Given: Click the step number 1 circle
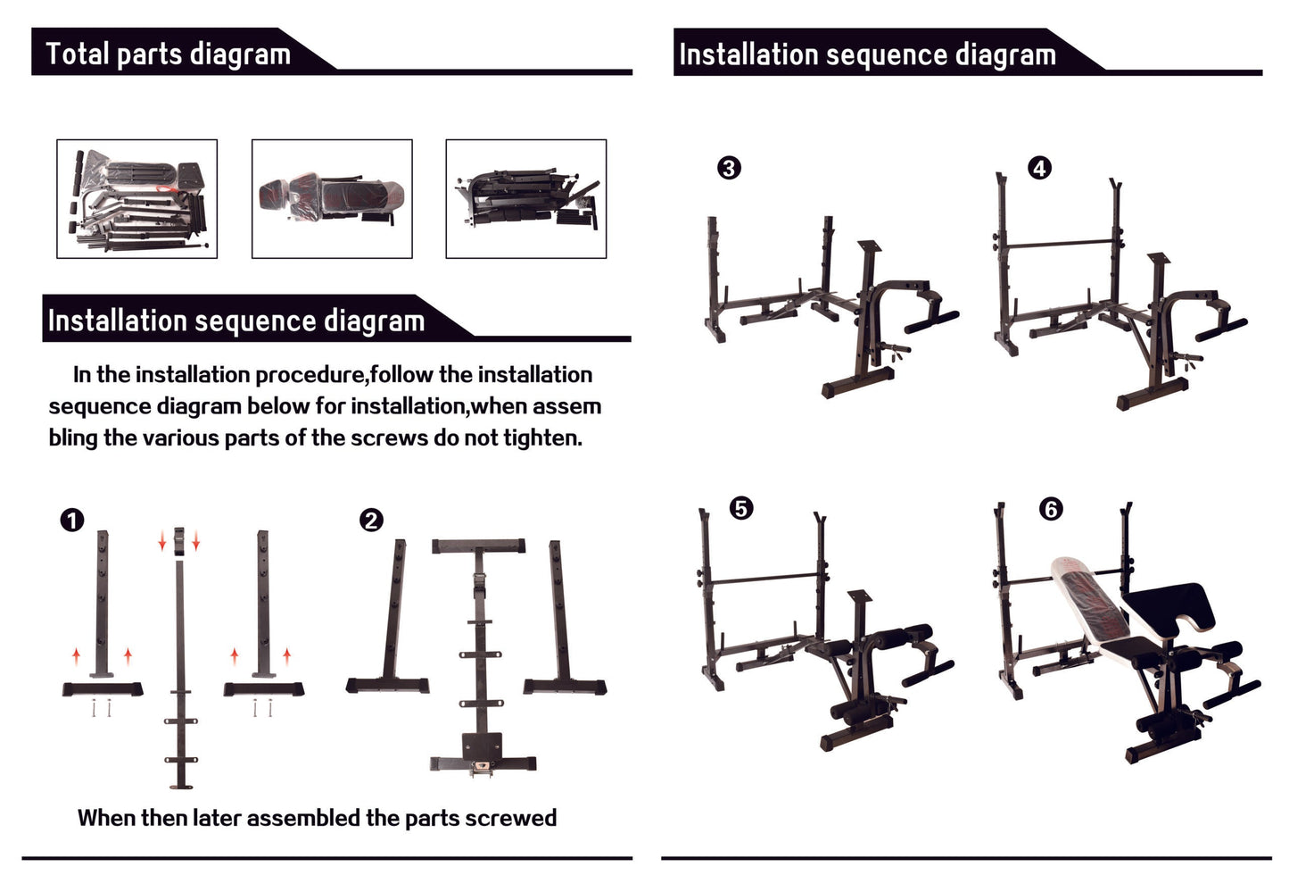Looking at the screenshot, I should [71, 520].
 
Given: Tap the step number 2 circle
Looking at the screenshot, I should [371, 520].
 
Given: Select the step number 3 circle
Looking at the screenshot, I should [729, 168].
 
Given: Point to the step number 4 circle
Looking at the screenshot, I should [1039, 168].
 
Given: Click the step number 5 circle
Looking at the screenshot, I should [741, 508].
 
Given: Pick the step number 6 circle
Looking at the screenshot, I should [1051, 509].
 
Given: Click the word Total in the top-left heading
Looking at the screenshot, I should [77, 54].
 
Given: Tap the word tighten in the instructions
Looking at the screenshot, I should [541, 437].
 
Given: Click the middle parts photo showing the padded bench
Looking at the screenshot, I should [332, 198].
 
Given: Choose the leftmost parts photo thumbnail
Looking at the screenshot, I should [136, 198].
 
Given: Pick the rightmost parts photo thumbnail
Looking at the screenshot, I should [526, 198].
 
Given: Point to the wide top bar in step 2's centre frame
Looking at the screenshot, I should [478, 546].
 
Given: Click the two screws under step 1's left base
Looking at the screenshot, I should [101, 708].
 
